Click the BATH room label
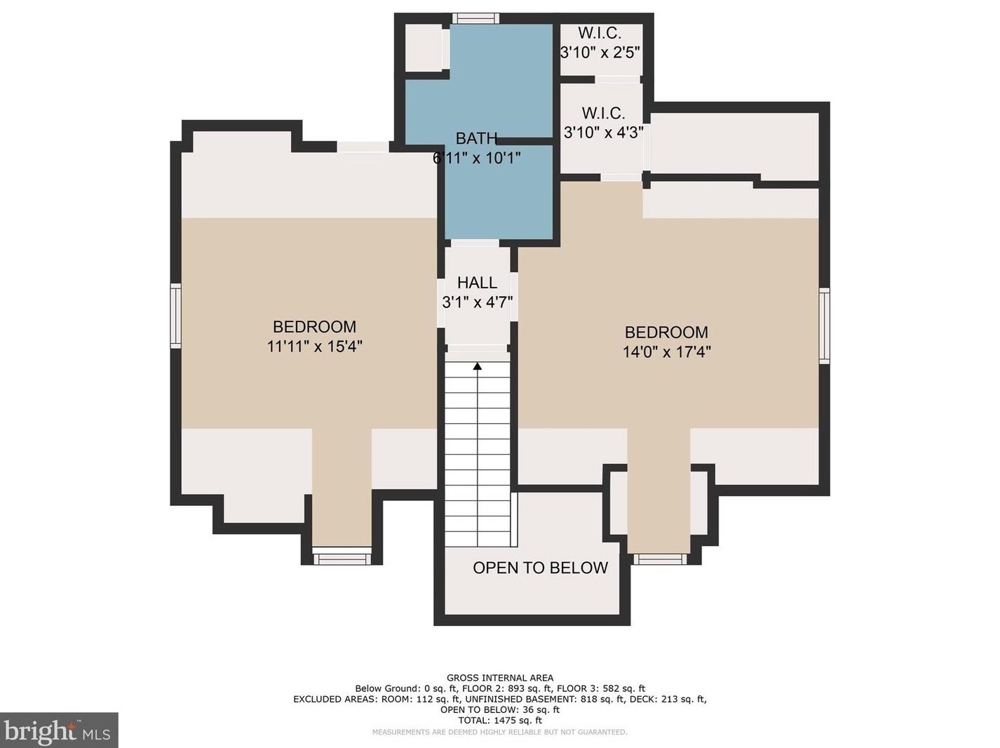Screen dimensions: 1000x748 pos(476,138)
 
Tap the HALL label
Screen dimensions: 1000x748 pos(477,283)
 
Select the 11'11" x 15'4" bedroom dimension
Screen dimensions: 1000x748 pos(314,347)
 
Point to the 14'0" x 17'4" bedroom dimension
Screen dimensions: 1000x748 pos(666,352)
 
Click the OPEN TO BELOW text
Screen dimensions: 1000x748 pos(540,568)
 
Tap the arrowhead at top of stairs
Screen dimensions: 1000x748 pos(478,366)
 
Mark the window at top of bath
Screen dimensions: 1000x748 pos(475,18)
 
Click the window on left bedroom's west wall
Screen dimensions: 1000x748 pos(176,316)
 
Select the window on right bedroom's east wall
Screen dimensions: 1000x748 pos(824,326)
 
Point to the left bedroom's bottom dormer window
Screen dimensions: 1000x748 pos(342,559)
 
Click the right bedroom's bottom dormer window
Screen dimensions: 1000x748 pos(660,559)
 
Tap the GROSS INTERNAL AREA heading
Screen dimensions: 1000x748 pos(500,678)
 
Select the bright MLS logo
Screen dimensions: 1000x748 pos(59,730)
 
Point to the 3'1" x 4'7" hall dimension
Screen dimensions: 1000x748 pos(478,302)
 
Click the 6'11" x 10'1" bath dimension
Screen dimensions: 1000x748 pos(477,158)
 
